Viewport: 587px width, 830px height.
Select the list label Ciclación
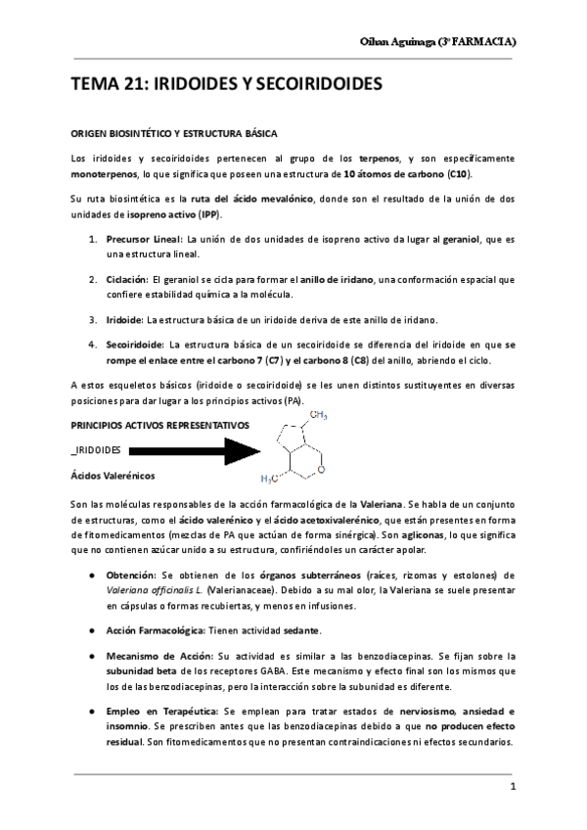pos(126,279)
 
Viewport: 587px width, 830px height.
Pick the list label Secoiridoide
pos(134,345)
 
